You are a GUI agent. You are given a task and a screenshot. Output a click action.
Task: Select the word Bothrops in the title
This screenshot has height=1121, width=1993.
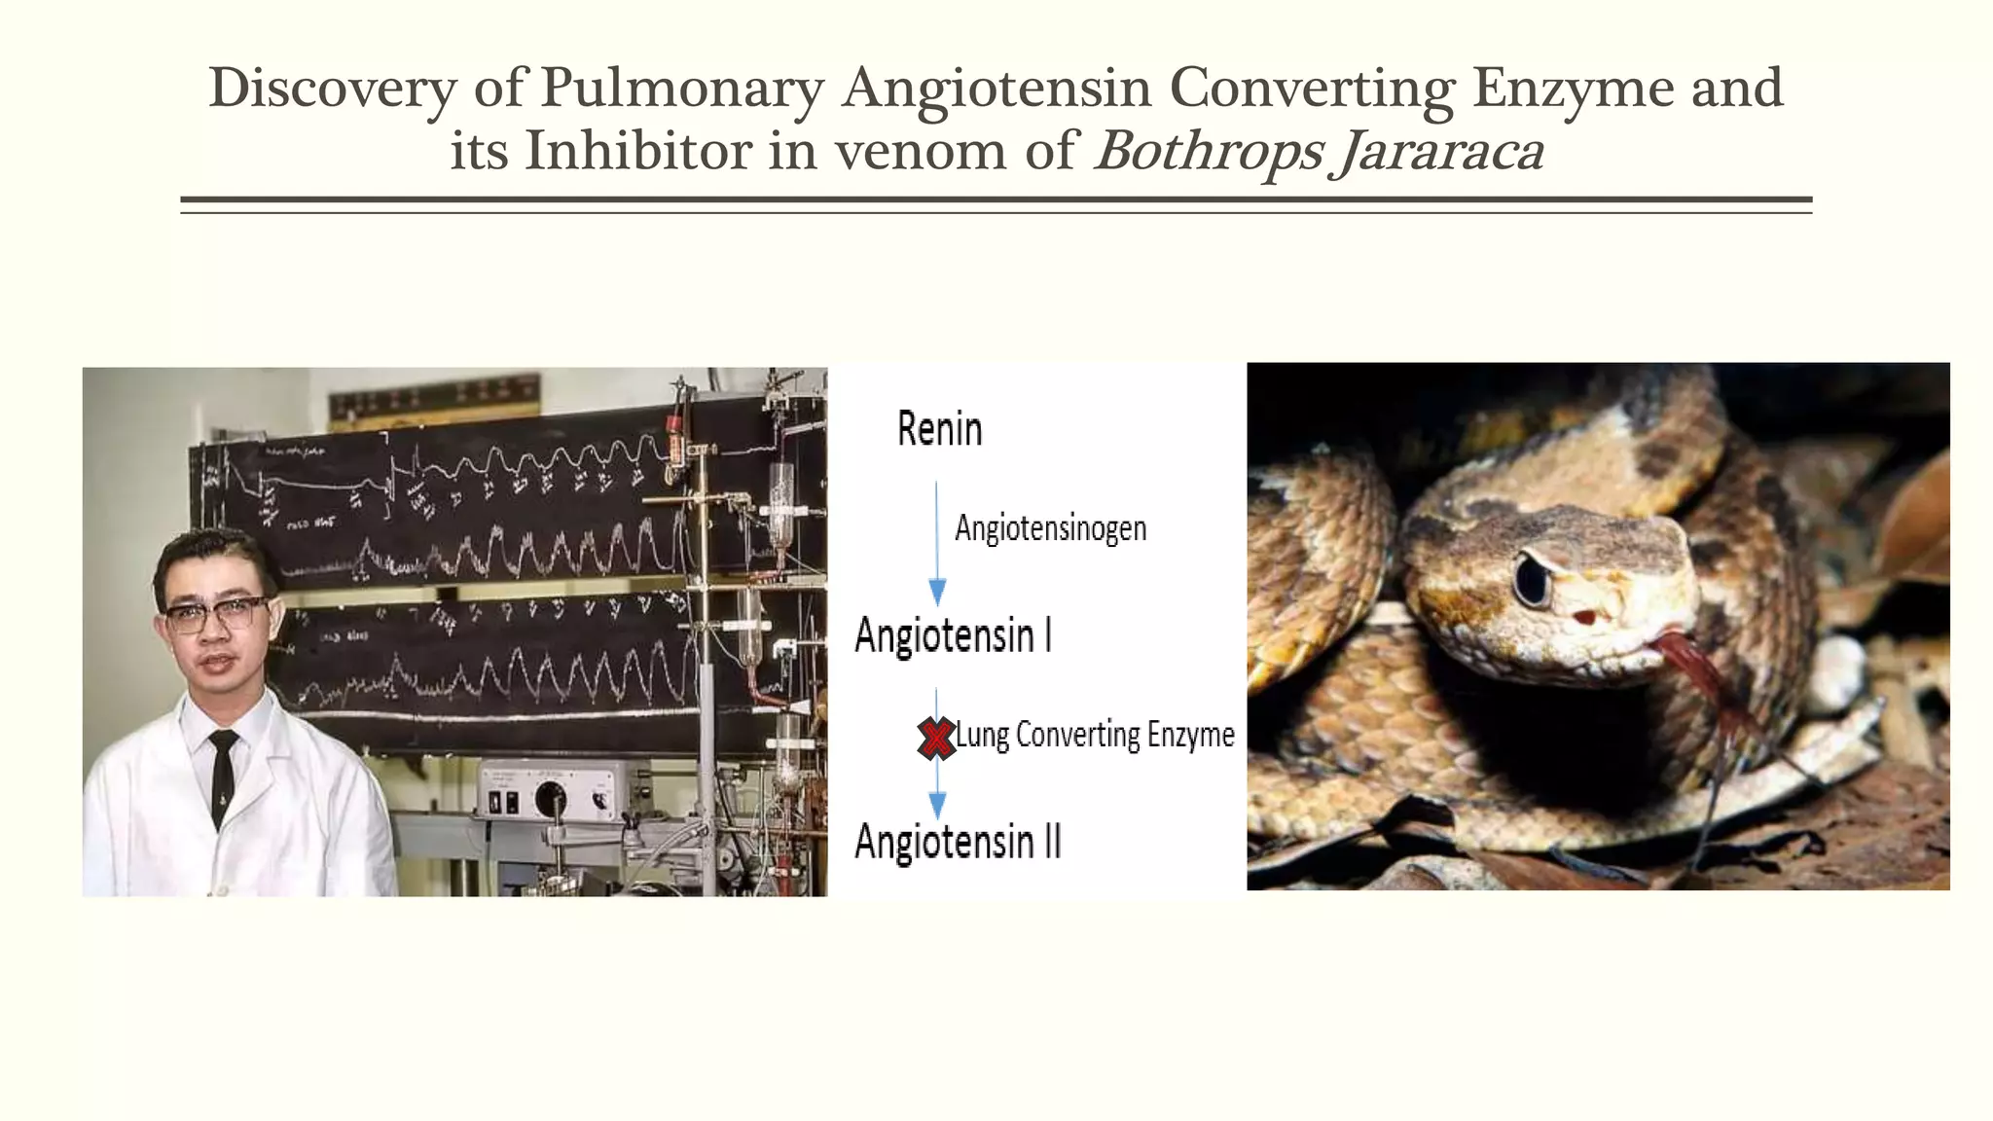(1210, 153)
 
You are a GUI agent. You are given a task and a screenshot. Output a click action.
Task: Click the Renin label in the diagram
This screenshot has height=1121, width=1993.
(939, 429)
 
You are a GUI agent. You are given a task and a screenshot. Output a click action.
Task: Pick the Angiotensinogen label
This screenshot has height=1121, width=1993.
(1050, 528)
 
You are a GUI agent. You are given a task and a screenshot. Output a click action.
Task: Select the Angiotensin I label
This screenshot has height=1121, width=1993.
(953, 636)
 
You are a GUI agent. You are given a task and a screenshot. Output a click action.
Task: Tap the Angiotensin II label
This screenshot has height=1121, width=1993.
(958, 842)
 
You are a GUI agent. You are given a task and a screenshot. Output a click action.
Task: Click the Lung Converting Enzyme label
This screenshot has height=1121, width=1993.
(1095, 735)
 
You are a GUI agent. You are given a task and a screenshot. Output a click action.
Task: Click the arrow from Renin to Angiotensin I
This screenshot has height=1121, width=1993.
(937, 545)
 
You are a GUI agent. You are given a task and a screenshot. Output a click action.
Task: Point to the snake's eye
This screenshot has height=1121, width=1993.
(1532, 581)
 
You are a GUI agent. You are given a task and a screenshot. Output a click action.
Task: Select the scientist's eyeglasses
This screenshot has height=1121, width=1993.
(214, 614)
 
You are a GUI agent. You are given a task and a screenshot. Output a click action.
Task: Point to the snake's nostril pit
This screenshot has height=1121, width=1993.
(1584, 617)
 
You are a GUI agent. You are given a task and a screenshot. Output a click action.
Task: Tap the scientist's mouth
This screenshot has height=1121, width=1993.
(219, 664)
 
